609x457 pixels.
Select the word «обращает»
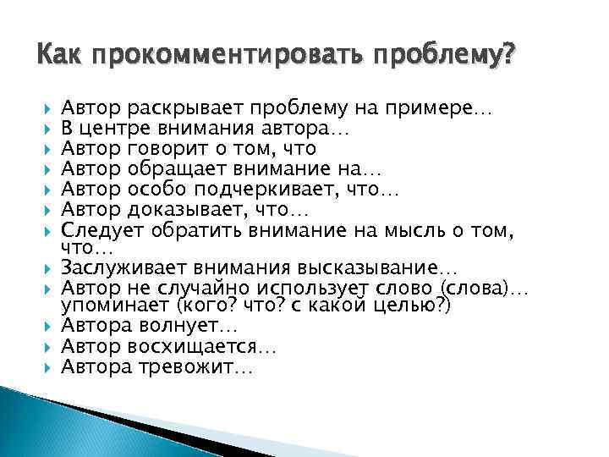tap(171, 169)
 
